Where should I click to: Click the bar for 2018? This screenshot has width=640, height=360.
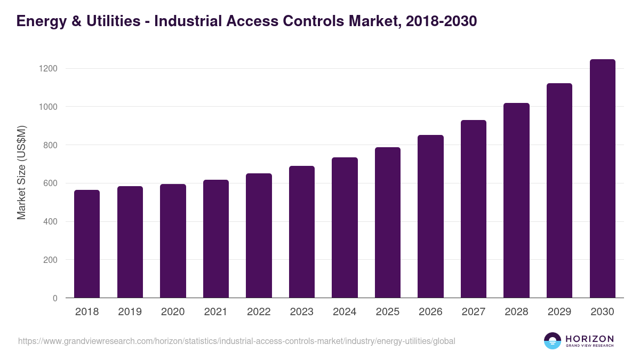(87, 244)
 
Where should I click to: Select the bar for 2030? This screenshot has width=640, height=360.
(602, 179)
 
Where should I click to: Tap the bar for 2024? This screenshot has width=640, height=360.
(345, 228)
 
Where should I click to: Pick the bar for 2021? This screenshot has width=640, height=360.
(216, 239)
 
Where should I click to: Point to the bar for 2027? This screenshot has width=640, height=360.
(474, 209)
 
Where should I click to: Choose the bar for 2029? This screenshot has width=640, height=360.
(559, 190)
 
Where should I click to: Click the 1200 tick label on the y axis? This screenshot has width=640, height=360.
(47, 69)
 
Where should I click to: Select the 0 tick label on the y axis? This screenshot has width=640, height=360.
(55, 298)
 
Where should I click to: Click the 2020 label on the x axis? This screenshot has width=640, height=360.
(173, 312)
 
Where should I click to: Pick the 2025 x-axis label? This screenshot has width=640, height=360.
(388, 312)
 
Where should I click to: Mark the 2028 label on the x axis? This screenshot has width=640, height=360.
(516, 312)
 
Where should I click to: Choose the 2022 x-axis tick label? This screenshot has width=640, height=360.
(259, 312)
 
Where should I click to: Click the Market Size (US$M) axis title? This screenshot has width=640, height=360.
(21, 172)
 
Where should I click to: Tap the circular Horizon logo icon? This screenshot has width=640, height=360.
(553, 341)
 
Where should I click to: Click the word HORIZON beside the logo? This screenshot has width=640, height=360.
(590, 339)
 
